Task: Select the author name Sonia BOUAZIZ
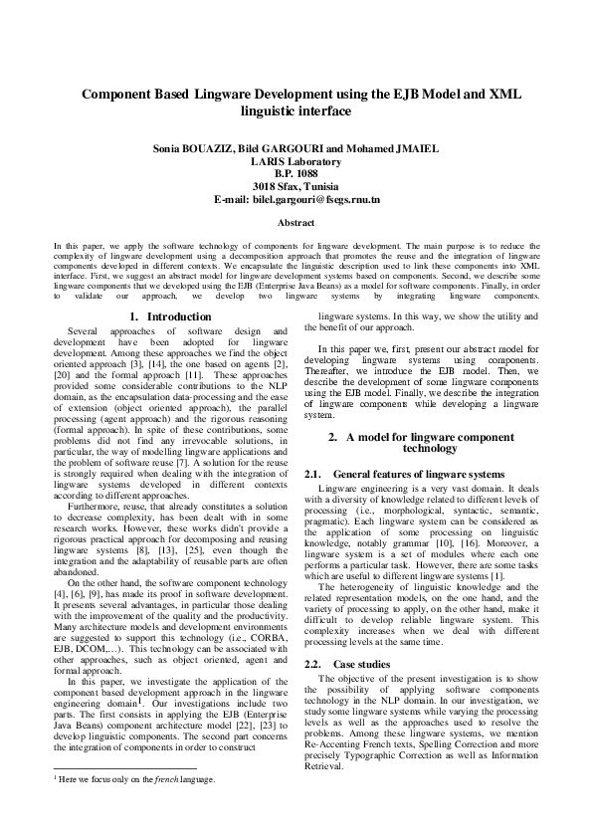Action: [x=195, y=149]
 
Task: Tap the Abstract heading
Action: [x=296, y=223]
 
